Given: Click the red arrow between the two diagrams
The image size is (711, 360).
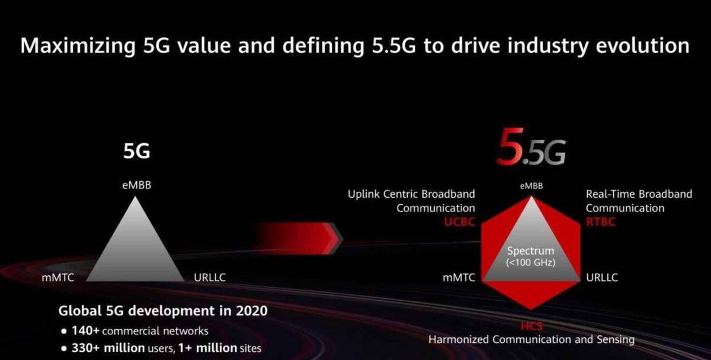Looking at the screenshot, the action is (x=300, y=238).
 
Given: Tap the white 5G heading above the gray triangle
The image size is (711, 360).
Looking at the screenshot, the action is (x=137, y=151).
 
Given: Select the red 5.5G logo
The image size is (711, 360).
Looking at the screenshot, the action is (x=531, y=147).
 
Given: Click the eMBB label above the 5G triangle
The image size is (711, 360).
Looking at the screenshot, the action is (x=137, y=185).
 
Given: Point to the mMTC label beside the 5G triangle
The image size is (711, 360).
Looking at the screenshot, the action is (x=58, y=278).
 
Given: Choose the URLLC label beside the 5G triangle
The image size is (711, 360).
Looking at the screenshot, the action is (x=210, y=278).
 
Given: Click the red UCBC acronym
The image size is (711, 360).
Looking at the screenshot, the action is (x=460, y=221).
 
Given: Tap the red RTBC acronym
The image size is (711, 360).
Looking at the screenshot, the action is (x=601, y=221).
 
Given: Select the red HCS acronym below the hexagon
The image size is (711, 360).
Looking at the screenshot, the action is (x=531, y=326).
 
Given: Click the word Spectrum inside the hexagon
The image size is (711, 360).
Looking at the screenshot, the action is (x=530, y=251).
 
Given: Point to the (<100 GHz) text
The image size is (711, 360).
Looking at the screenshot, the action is (x=531, y=263).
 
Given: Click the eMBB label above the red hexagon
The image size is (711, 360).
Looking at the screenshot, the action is (x=531, y=186).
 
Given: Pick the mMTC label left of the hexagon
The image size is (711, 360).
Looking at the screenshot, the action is (x=459, y=278).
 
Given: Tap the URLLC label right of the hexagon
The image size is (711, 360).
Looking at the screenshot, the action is (x=602, y=278).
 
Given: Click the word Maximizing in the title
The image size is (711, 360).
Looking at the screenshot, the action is (x=78, y=46).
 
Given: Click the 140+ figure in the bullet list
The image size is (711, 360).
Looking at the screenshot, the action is (x=86, y=330).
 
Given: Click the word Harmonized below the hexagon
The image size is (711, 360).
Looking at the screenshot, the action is (x=459, y=339).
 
